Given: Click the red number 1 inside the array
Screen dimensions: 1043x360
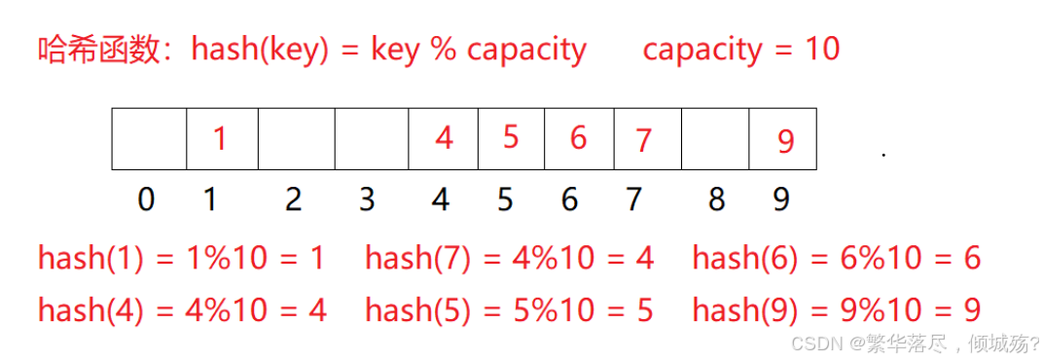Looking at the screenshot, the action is [x=220, y=139].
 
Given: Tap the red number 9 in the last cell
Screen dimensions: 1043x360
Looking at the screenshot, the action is [x=785, y=141].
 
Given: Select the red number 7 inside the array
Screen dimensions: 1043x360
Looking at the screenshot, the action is [x=642, y=140].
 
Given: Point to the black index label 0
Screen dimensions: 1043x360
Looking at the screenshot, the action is [x=146, y=198].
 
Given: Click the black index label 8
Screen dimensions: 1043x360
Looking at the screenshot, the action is [x=717, y=198].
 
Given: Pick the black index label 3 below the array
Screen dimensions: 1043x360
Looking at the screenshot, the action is [x=367, y=198].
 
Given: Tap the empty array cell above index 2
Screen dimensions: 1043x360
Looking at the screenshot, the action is [x=297, y=138].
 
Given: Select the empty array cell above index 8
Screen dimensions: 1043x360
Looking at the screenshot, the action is [x=715, y=138].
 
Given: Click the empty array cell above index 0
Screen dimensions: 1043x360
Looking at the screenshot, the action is [x=149, y=138].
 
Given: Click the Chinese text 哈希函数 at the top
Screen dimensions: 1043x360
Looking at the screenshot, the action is [x=100, y=50].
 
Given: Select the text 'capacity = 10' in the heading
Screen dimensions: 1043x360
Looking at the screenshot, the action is [x=741, y=50].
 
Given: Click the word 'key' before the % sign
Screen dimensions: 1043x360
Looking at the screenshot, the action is [x=394, y=52].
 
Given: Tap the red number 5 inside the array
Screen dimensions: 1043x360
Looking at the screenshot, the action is [x=510, y=137].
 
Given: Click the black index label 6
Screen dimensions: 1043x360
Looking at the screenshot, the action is [x=569, y=198].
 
